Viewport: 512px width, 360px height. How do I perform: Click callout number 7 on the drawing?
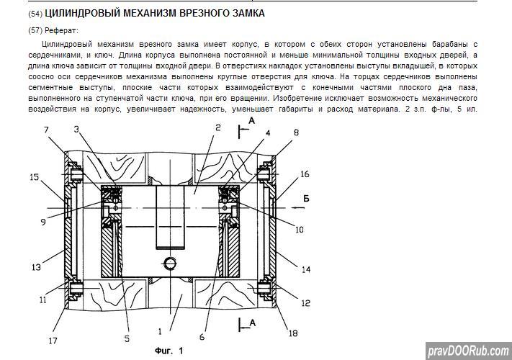coord(47,130)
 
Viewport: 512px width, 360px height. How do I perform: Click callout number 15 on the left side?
coord(35,176)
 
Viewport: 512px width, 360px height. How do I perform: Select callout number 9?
coord(43,222)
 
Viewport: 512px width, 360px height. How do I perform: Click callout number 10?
coord(299,230)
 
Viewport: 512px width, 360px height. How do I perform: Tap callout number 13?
coord(36,268)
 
